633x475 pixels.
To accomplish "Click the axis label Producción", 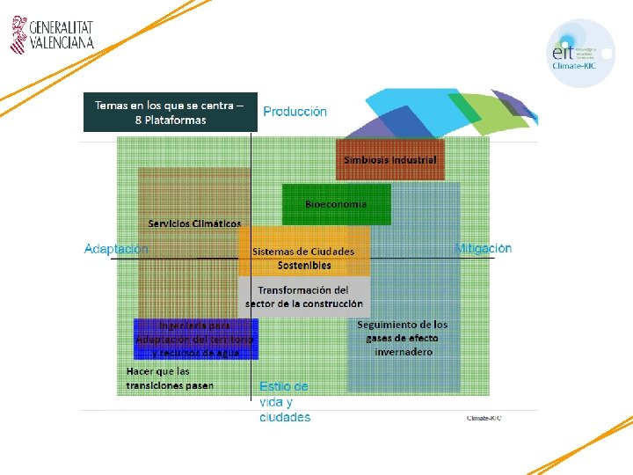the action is tap(295, 112).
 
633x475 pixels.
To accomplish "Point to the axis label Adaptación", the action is tap(116, 249).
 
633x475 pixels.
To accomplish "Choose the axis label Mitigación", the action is tap(483, 249).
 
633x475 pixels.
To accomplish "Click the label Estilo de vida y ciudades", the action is tap(284, 402).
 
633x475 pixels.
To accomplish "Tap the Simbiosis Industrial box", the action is tap(390, 160).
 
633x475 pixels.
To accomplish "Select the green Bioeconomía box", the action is tap(336, 204).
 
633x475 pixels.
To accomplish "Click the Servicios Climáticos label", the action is tap(194, 223).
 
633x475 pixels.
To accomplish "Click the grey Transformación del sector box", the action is tap(303, 296).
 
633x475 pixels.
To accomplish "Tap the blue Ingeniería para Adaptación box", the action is tap(195, 339).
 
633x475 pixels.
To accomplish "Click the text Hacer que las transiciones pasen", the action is tap(170, 378).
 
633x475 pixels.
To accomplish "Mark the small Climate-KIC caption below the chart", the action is tap(484, 417).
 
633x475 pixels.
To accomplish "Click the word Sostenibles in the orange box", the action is tap(304, 265).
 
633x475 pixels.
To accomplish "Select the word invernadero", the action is tap(404, 352).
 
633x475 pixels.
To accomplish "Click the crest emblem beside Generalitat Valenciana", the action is tap(18, 33).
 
